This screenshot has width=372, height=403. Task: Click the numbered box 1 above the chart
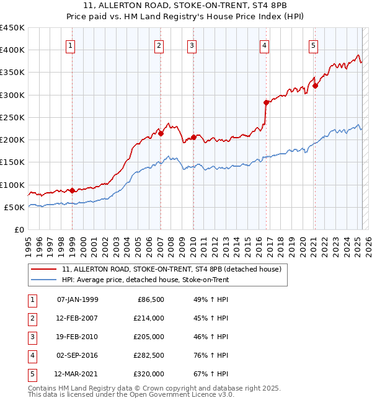71,45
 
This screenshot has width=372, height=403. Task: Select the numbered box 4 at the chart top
265,45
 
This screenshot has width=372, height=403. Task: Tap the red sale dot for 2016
266,102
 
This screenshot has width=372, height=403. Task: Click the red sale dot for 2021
315,86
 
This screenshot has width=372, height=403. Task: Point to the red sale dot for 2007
161,133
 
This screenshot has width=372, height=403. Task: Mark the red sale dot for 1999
72,190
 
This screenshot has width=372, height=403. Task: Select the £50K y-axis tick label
15,207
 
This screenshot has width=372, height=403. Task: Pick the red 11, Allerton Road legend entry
172,269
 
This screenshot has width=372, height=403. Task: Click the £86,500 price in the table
151,299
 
